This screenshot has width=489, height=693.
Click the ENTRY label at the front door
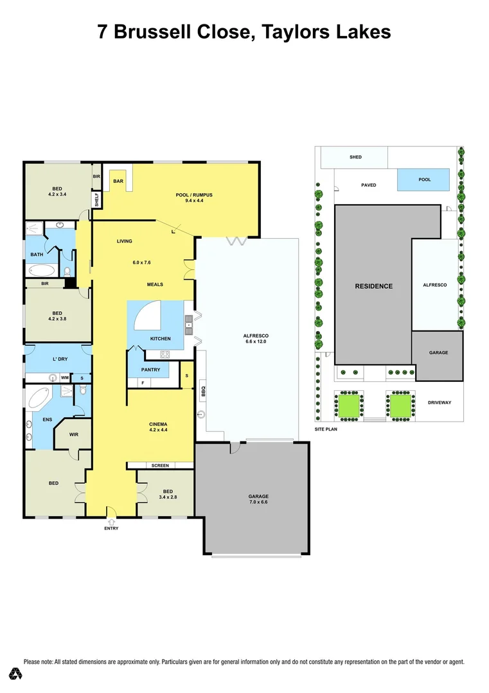pyautogui.click(x=111, y=528)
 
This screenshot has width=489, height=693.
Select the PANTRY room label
pyautogui.click(x=150, y=370)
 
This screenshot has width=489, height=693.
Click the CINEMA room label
pyautogui.click(x=158, y=424)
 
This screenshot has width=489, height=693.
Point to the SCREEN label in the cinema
pyautogui.click(x=160, y=465)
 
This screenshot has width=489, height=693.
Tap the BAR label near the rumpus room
pyautogui.click(x=118, y=182)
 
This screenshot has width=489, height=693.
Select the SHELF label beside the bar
pyautogui.click(x=97, y=200)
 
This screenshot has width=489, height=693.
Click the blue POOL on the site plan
pyautogui.click(x=423, y=180)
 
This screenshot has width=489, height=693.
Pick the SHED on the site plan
pyautogui.click(x=355, y=157)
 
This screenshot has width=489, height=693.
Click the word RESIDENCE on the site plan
pyautogui.click(x=373, y=286)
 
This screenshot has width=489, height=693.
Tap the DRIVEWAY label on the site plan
pyautogui.click(x=440, y=402)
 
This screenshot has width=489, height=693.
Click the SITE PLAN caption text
pyautogui.click(x=326, y=429)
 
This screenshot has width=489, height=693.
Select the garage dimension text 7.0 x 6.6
pyautogui.click(x=258, y=503)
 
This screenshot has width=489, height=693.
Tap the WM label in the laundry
pyautogui.click(x=65, y=378)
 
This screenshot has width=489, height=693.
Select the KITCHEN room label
pyautogui.click(x=160, y=338)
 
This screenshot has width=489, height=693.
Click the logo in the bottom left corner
pyautogui.click(x=15, y=674)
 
